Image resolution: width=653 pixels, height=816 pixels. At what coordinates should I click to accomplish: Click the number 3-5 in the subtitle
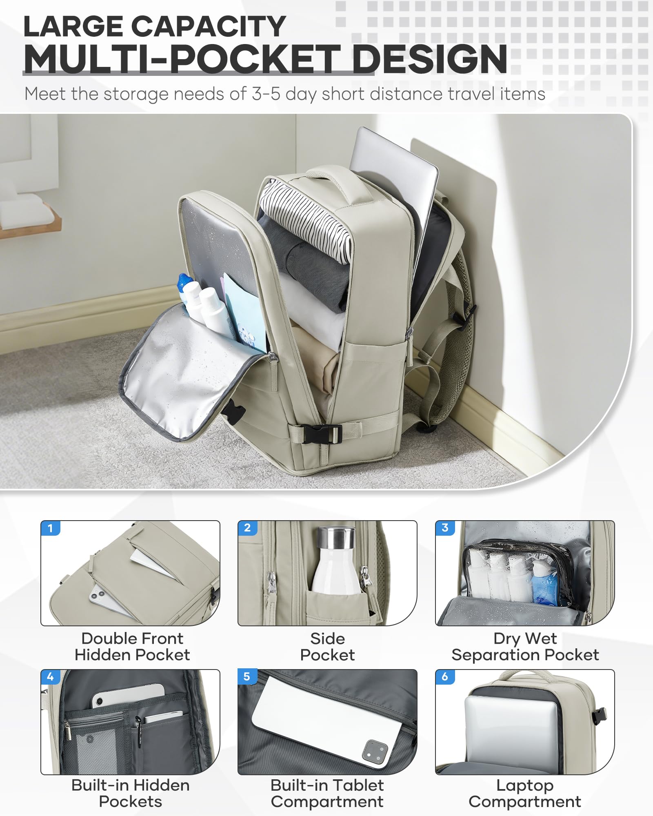pos(266,94)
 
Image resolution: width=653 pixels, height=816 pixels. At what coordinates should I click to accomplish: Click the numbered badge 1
pos(50,528)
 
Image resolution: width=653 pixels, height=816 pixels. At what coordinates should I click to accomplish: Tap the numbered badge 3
pos(445,528)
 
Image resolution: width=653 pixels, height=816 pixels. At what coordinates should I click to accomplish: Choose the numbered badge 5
pos(247,677)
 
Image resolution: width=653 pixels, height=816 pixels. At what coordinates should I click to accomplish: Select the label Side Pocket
pos(327,647)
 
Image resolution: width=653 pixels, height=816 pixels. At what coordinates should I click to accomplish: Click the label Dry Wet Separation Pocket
pos(525,647)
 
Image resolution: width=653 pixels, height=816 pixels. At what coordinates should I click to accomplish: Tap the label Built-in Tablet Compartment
pos(327,794)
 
